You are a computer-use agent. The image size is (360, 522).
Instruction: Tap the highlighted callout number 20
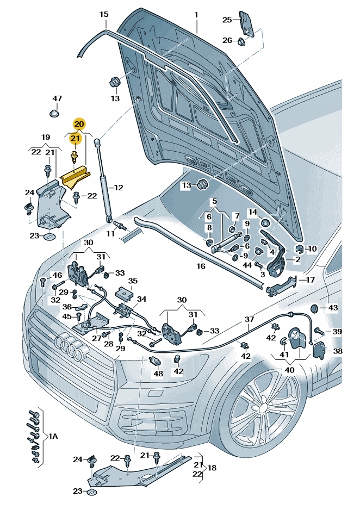[x=79, y=124]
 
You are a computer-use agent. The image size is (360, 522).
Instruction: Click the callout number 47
[x=57, y=98]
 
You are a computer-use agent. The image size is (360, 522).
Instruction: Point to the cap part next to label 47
[x=54, y=114]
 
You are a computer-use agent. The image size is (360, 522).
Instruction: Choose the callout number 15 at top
[x=104, y=14]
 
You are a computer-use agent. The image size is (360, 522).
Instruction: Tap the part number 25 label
[x=227, y=20]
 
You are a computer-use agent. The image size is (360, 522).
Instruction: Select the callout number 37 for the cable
[x=249, y=319]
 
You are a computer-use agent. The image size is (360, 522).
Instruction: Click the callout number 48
[x=158, y=373]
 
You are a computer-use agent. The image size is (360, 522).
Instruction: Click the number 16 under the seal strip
[x=201, y=266]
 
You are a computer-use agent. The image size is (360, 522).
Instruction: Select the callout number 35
[x=133, y=281]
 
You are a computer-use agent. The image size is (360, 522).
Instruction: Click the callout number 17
[x=310, y=281]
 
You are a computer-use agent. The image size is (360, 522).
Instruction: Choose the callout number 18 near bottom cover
[x=212, y=467]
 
